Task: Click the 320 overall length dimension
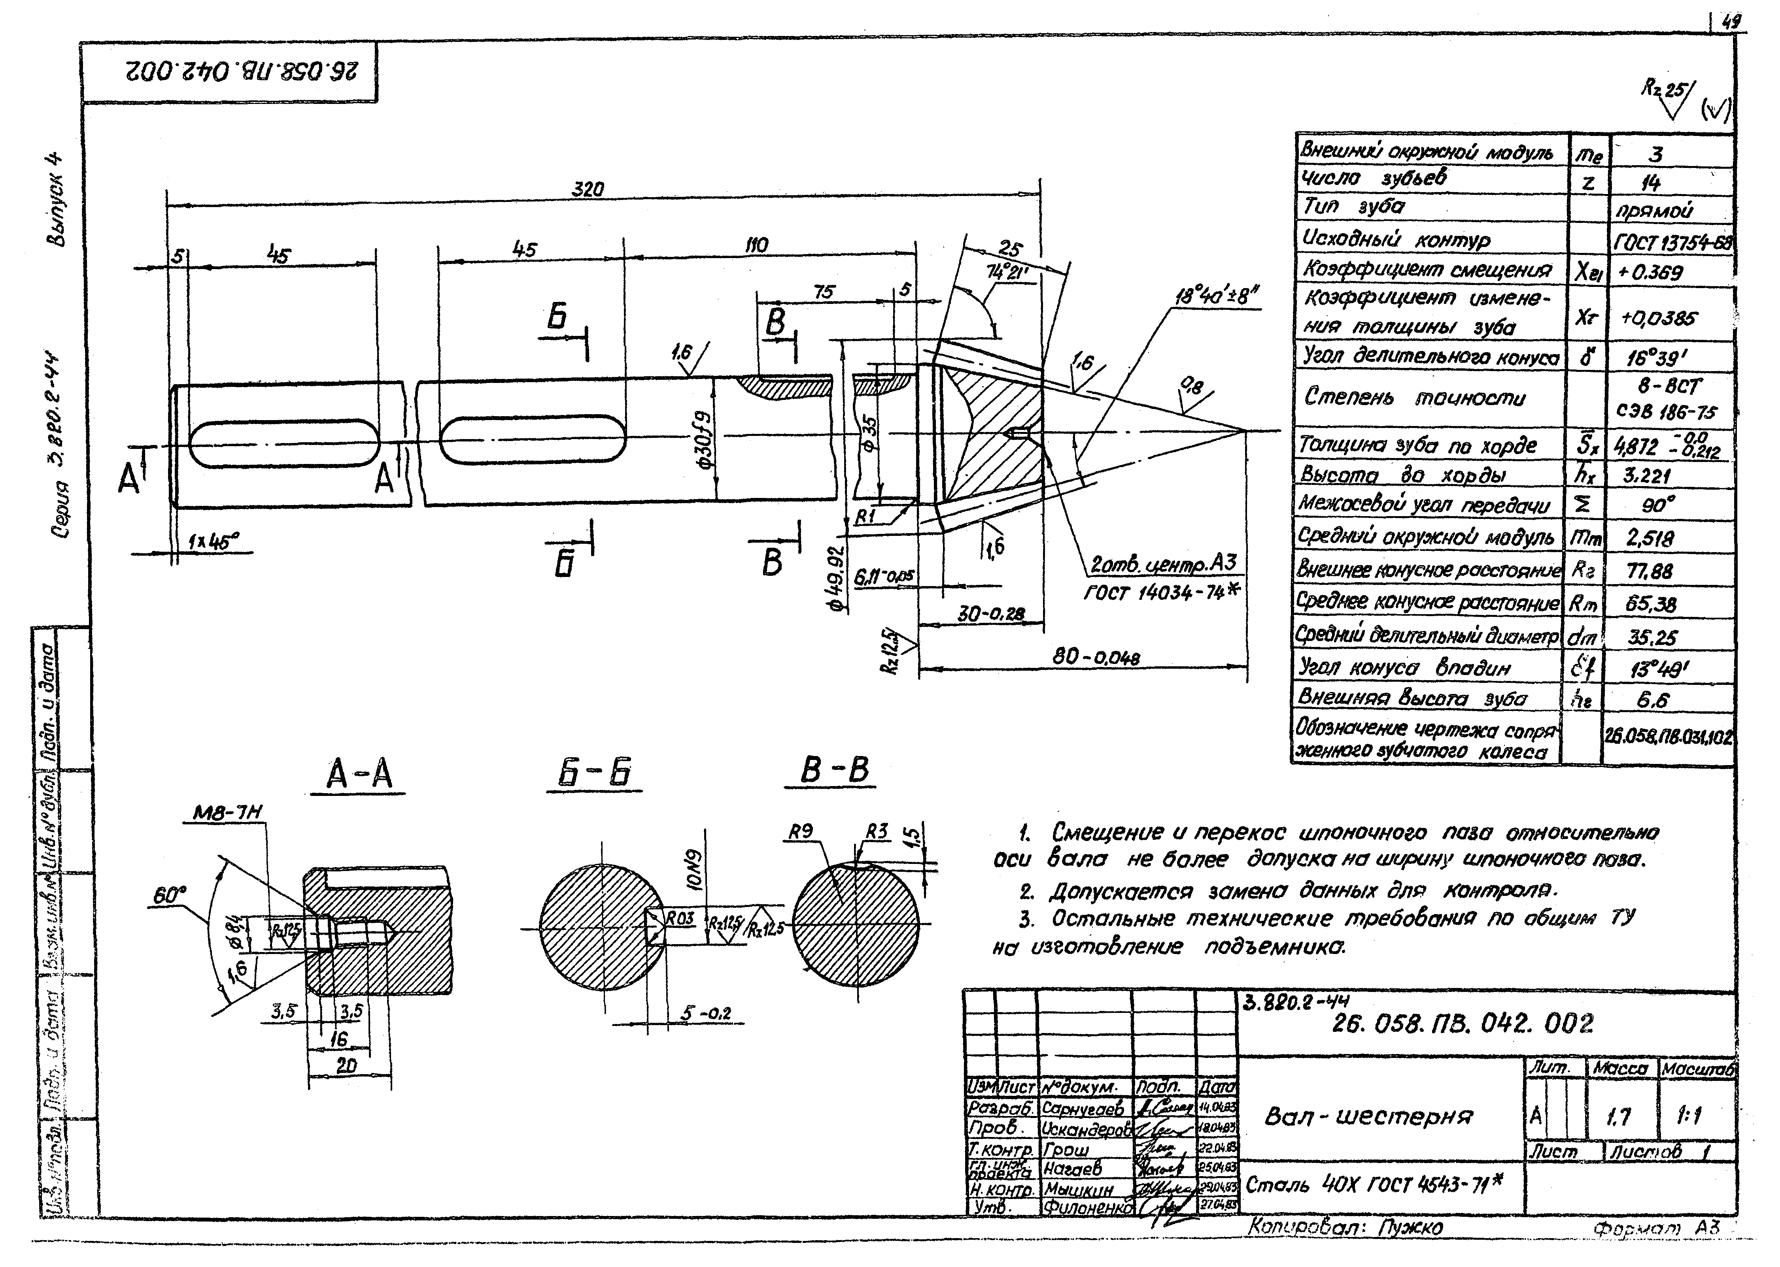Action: (x=588, y=190)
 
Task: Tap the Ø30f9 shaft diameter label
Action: (x=705, y=440)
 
